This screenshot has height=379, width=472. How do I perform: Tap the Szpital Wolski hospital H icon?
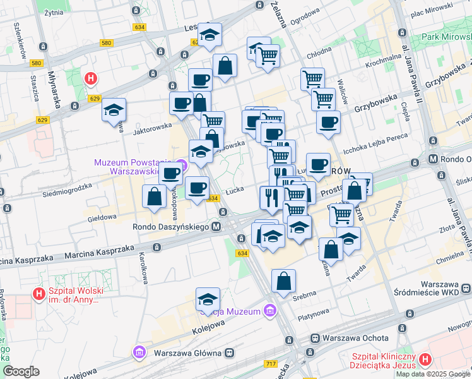39,294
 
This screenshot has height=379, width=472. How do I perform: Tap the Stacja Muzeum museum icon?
269,311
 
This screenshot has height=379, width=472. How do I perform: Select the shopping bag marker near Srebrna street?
283,280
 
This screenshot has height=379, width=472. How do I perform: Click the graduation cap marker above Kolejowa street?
208,298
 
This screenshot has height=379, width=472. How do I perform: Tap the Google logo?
21,371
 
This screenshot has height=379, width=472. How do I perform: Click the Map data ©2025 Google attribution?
433,374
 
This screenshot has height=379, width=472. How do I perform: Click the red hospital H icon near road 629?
91,79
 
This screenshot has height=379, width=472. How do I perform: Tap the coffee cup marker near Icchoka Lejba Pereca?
327,123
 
